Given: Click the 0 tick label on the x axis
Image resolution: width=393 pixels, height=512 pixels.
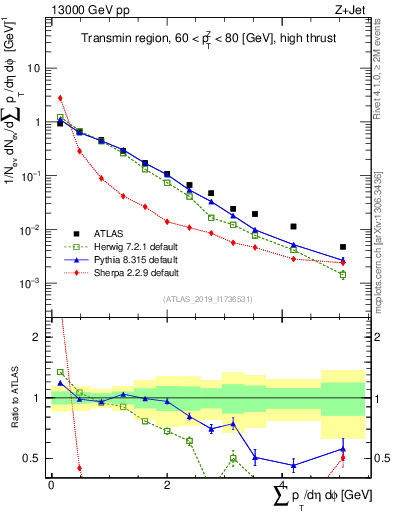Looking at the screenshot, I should point(51,485).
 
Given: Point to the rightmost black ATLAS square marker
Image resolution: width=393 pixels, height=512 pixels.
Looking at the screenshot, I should point(343,247).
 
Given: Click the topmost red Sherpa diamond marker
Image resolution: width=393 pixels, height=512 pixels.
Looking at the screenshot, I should point(60,98).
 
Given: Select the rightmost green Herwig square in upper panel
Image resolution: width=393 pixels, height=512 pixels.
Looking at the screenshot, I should point(343,274).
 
